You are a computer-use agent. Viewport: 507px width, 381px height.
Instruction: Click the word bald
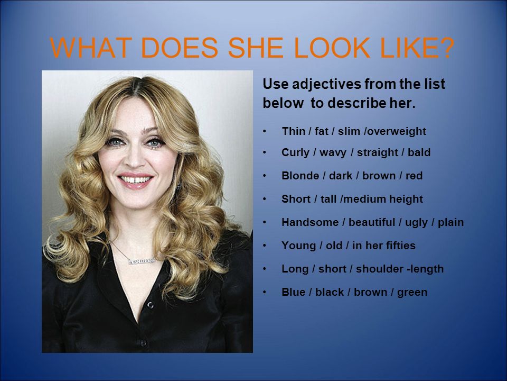(x=419, y=152)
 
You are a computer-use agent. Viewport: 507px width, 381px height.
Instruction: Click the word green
(x=412, y=293)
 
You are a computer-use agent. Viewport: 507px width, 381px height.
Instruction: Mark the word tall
(x=328, y=198)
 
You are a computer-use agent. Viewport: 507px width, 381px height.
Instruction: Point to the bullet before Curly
(x=265, y=152)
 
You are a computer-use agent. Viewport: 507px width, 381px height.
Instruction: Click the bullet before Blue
(x=265, y=292)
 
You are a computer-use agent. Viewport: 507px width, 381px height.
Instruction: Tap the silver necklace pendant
(x=142, y=260)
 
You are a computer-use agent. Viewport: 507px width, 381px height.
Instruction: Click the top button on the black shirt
(x=150, y=305)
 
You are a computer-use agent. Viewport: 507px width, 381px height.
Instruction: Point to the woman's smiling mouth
(x=135, y=180)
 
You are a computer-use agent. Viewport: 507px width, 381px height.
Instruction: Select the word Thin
(x=293, y=131)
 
